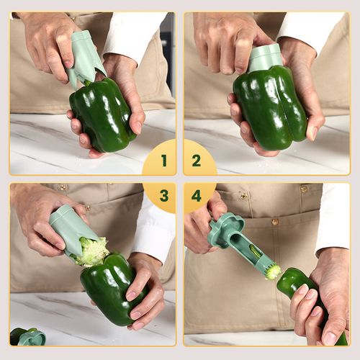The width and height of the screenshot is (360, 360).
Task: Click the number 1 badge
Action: pos(163,160)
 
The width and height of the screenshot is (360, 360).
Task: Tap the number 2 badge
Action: pos(197,160)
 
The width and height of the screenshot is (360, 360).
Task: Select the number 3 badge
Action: pos(163,196)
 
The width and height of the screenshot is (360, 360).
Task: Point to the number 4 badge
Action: pos(197,196)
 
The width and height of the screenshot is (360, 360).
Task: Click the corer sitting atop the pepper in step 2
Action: pos(264,58)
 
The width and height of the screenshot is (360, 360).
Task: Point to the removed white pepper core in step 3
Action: pos(92,252)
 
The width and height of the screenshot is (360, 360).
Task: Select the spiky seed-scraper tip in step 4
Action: pos(272,271)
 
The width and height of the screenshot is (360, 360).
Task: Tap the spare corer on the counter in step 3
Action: pos(29,336)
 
